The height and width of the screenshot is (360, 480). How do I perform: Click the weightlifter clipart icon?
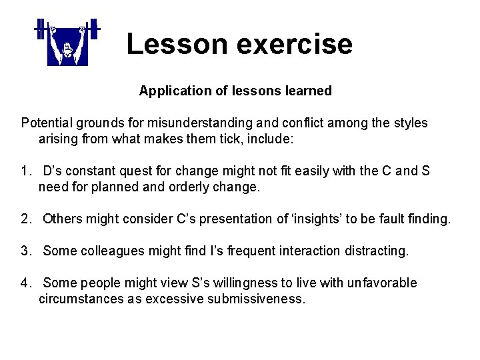pyautogui.click(x=67, y=43)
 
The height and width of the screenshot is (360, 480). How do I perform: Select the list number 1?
pyautogui.click(x=26, y=171)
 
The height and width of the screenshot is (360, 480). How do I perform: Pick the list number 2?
pyautogui.click(x=26, y=219)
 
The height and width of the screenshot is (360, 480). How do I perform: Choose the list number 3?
pyautogui.click(x=26, y=251)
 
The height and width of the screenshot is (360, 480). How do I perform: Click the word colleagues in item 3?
pyautogui.click(x=110, y=251)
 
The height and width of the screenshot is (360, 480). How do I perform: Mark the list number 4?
pyautogui.click(x=26, y=283)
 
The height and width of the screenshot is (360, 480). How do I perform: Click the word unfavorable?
pyautogui.click(x=381, y=283)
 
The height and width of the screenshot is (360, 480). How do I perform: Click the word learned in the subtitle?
pyautogui.click(x=307, y=91)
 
